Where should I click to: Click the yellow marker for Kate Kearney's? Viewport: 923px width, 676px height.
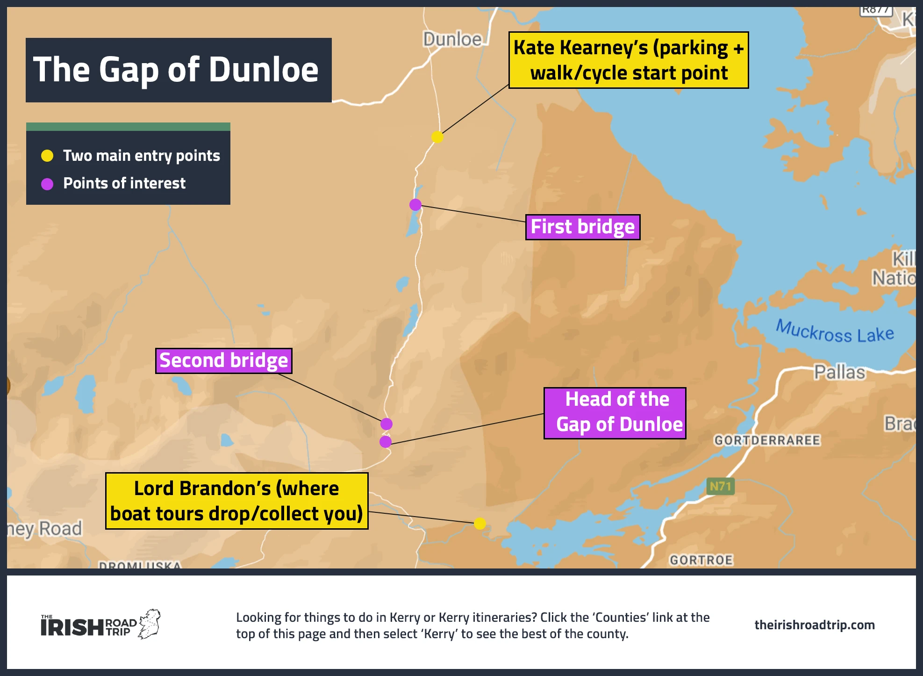click(x=437, y=137)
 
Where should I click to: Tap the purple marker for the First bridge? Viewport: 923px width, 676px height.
click(x=415, y=205)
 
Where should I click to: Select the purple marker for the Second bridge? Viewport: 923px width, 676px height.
click(x=386, y=424)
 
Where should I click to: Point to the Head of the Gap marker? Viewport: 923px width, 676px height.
click(x=386, y=442)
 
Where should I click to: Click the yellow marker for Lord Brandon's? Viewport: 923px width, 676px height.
click(x=480, y=524)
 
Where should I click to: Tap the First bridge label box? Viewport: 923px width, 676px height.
click(x=583, y=227)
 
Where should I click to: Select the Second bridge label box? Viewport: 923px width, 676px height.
click(x=224, y=361)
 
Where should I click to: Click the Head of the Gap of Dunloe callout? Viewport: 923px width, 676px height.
click(x=615, y=413)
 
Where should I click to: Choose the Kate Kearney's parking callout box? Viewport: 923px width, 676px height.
click(x=629, y=60)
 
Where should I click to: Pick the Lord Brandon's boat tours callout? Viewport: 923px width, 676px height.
click(x=237, y=501)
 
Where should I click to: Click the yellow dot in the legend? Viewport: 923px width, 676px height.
click(x=47, y=156)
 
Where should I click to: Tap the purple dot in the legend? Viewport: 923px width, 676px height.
click(x=47, y=184)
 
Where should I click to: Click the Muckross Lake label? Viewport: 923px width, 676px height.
click(x=835, y=332)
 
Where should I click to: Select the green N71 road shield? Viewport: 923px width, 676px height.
click(x=720, y=487)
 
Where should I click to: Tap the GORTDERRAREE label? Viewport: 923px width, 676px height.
click(x=767, y=440)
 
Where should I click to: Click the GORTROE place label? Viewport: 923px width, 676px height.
click(x=701, y=560)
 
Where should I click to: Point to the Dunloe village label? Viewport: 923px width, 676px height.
click(x=452, y=40)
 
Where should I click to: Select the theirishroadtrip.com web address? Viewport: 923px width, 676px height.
click(x=815, y=625)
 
